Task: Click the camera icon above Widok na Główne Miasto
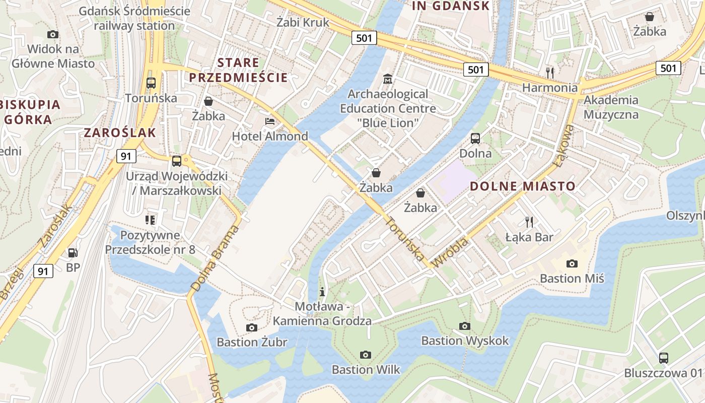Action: pyautogui.click(x=52, y=34)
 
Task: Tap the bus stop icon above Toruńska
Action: pyautogui.click(x=151, y=83)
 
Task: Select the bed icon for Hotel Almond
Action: pyautogui.click(x=270, y=121)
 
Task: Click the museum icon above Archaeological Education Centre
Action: pyautogui.click(x=388, y=79)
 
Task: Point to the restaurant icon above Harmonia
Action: pyautogui.click(x=550, y=73)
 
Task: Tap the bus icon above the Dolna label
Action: pyautogui.click(x=475, y=139)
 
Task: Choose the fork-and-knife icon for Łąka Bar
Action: pyautogui.click(x=529, y=222)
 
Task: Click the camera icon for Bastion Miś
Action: pyautogui.click(x=572, y=263)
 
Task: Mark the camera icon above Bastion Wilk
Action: pyautogui.click(x=366, y=355)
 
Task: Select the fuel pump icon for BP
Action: pyautogui.click(x=73, y=252)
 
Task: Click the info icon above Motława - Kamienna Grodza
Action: pyautogui.click(x=322, y=292)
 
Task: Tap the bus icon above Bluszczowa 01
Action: pyautogui.click(x=664, y=358)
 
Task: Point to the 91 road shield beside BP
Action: pyautogui.click(x=43, y=271)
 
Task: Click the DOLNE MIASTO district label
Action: pyautogui.click(x=522, y=186)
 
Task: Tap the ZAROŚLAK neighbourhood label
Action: pyautogui.click(x=120, y=132)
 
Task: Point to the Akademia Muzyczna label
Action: pyautogui.click(x=611, y=107)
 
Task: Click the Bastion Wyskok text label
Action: pyautogui.click(x=465, y=341)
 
